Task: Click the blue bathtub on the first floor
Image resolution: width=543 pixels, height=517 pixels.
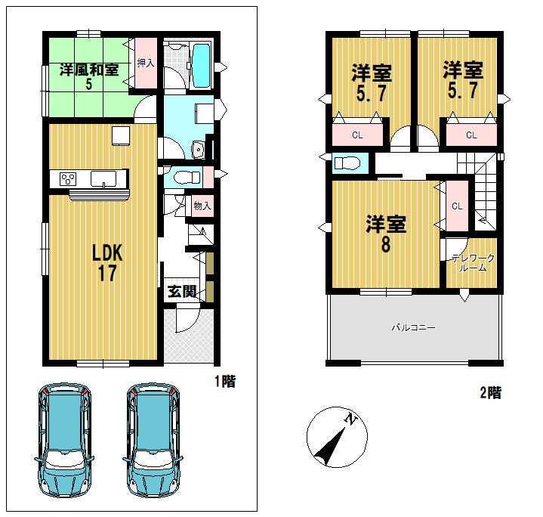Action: point(201,66)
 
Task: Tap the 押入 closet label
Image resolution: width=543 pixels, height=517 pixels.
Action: point(146,63)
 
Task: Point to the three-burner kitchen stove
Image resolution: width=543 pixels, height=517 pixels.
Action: point(68,179)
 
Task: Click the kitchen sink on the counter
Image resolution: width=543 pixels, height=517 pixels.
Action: point(103,179)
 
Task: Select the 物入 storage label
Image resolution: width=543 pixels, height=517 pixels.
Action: point(202,206)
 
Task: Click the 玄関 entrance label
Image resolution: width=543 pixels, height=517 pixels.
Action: point(182,292)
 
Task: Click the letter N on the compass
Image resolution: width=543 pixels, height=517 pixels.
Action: point(351,419)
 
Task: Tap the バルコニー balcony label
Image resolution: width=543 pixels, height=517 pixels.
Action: point(413,327)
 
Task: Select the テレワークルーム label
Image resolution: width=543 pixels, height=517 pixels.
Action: point(473,263)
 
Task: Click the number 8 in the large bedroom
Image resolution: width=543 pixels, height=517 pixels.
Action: point(385,244)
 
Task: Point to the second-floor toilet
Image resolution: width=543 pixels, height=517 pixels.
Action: point(347,163)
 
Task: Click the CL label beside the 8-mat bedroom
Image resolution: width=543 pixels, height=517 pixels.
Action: point(457,206)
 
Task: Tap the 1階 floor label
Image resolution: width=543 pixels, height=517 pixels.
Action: point(225,382)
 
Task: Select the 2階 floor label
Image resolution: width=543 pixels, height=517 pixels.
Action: point(491,393)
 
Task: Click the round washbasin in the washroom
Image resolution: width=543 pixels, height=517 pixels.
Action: point(199,150)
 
